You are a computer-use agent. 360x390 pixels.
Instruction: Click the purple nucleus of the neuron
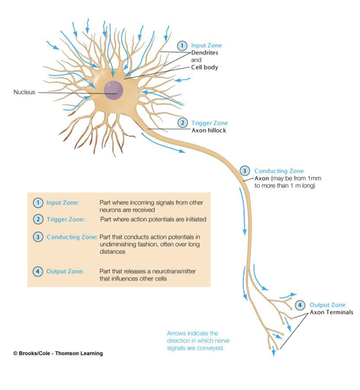pos(114,91)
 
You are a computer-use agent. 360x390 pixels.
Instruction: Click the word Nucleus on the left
pos(24,92)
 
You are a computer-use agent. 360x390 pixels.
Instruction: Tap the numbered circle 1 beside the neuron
pos(182,45)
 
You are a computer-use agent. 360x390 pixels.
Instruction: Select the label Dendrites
pos(204,53)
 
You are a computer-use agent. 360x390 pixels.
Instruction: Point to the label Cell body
pos(204,67)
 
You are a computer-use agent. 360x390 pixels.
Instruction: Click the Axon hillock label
pos(209,130)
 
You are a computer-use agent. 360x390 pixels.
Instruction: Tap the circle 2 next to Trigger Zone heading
pos(183,123)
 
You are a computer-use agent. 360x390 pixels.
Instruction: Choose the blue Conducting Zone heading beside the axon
pos(279,171)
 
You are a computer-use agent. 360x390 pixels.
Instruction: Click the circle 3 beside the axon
pos(245,171)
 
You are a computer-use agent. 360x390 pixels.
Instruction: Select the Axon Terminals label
pos(331,312)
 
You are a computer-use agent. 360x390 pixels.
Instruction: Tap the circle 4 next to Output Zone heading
pos(300,305)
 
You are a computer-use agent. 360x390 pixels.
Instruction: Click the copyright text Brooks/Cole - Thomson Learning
pos(58,353)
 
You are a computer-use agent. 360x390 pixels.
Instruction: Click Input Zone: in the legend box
pos(63,203)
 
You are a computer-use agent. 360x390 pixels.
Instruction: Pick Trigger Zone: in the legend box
pos(65,219)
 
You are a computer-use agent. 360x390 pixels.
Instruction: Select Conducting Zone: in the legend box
pos(72,237)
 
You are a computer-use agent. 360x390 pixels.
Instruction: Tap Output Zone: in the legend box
pos(65,272)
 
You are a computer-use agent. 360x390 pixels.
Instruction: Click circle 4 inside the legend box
pos(38,272)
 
